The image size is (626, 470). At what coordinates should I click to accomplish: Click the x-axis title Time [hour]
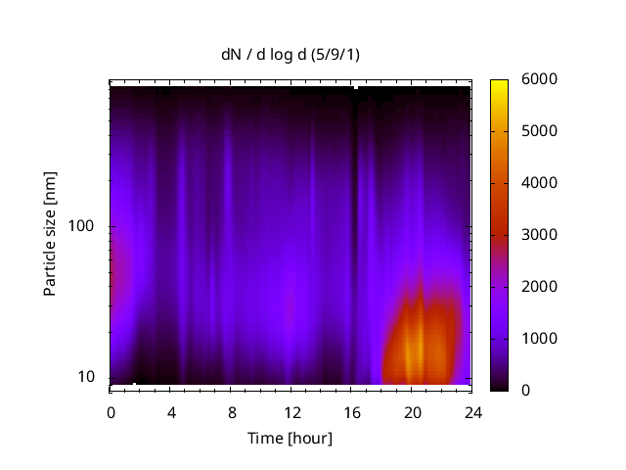[289, 438]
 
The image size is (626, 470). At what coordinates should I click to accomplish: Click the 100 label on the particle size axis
[81, 226]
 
